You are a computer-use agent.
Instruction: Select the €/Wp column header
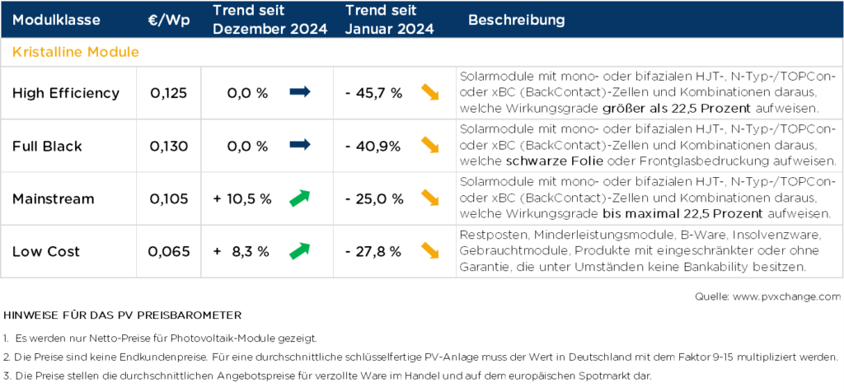[169, 20]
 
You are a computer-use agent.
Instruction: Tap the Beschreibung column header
[516, 20]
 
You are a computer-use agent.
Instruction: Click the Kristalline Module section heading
[75, 52]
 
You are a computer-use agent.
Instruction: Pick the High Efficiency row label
[65, 93]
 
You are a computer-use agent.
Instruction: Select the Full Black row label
[47, 146]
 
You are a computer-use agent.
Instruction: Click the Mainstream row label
[53, 198]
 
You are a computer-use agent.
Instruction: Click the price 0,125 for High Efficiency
[169, 93]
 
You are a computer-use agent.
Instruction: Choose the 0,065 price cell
[169, 251]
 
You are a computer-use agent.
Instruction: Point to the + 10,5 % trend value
[244, 198]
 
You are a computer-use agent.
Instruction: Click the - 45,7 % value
[373, 93]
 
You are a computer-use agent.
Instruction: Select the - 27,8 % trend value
[373, 251]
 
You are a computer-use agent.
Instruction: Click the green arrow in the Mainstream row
[299, 198]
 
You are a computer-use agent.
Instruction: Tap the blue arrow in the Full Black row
[299, 145]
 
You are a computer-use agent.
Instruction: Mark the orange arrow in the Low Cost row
[429, 250]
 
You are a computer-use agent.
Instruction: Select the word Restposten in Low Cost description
[486, 235]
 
